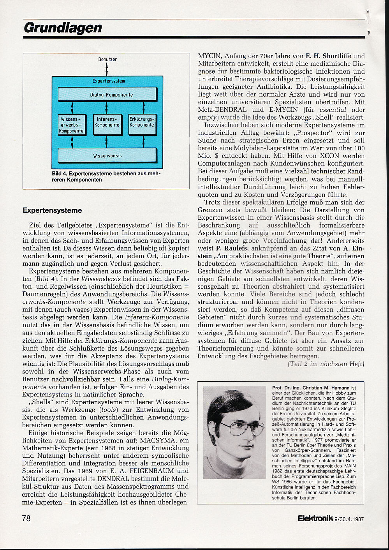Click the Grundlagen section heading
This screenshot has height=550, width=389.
coord(63,28)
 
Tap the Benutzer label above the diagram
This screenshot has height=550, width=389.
coord(107,59)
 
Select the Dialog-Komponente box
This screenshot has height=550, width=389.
coord(107,95)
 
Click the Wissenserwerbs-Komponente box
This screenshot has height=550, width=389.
coord(72,125)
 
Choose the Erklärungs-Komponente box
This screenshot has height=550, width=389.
coord(142,125)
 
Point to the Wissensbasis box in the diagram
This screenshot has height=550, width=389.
coord(107,155)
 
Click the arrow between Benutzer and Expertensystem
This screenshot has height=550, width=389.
coord(107,69)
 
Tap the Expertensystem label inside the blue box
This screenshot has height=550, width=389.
coord(109,81)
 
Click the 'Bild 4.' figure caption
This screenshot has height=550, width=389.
coord(106,176)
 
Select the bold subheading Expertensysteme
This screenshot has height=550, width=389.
coord(52,211)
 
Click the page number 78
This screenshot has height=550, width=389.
coord(26,518)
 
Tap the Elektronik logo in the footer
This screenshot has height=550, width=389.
coord(315,518)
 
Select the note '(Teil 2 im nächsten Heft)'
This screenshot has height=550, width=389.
coord(326,364)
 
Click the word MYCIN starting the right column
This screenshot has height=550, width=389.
coord(209,56)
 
